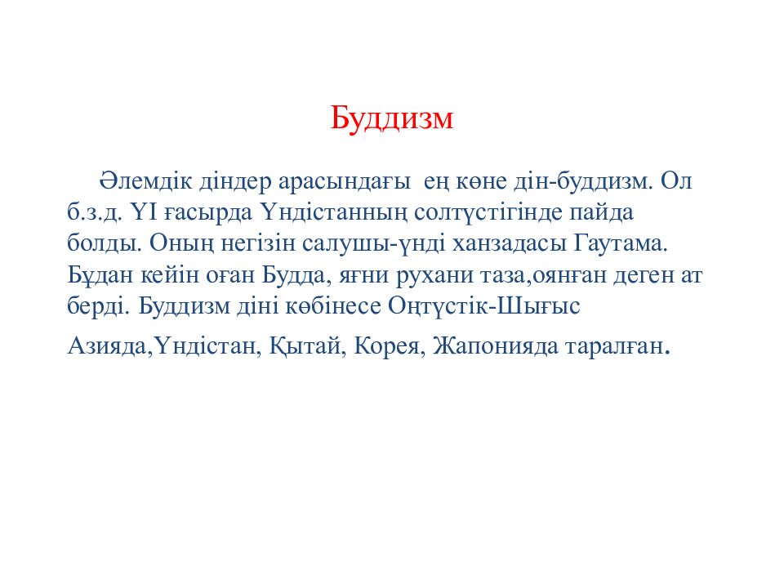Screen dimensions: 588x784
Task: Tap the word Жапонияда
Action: pyautogui.click(x=496, y=346)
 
